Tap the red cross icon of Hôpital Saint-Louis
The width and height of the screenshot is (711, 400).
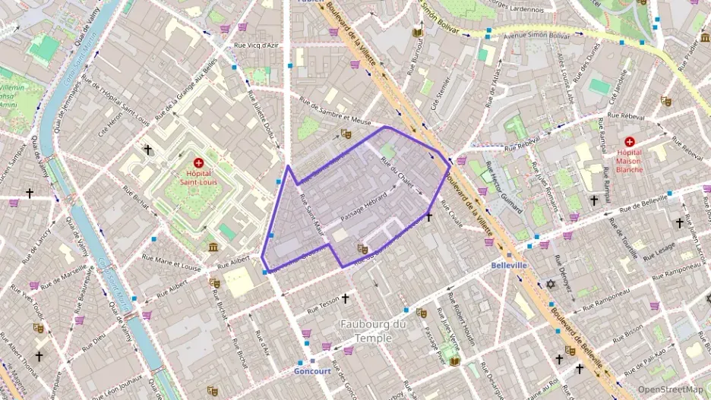tap(198, 162)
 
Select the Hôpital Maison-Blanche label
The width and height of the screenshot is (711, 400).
tap(629, 160)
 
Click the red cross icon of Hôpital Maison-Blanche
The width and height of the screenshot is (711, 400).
tap(629, 142)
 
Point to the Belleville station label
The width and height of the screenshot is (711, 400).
tap(509, 266)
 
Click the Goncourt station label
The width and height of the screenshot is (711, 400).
tap(311, 371)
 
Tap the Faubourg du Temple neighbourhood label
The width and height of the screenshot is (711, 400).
tap(373, 331)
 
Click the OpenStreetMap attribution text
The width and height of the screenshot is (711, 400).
tap(671, 389)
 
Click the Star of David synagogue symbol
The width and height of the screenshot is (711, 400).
tap(551, 284)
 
